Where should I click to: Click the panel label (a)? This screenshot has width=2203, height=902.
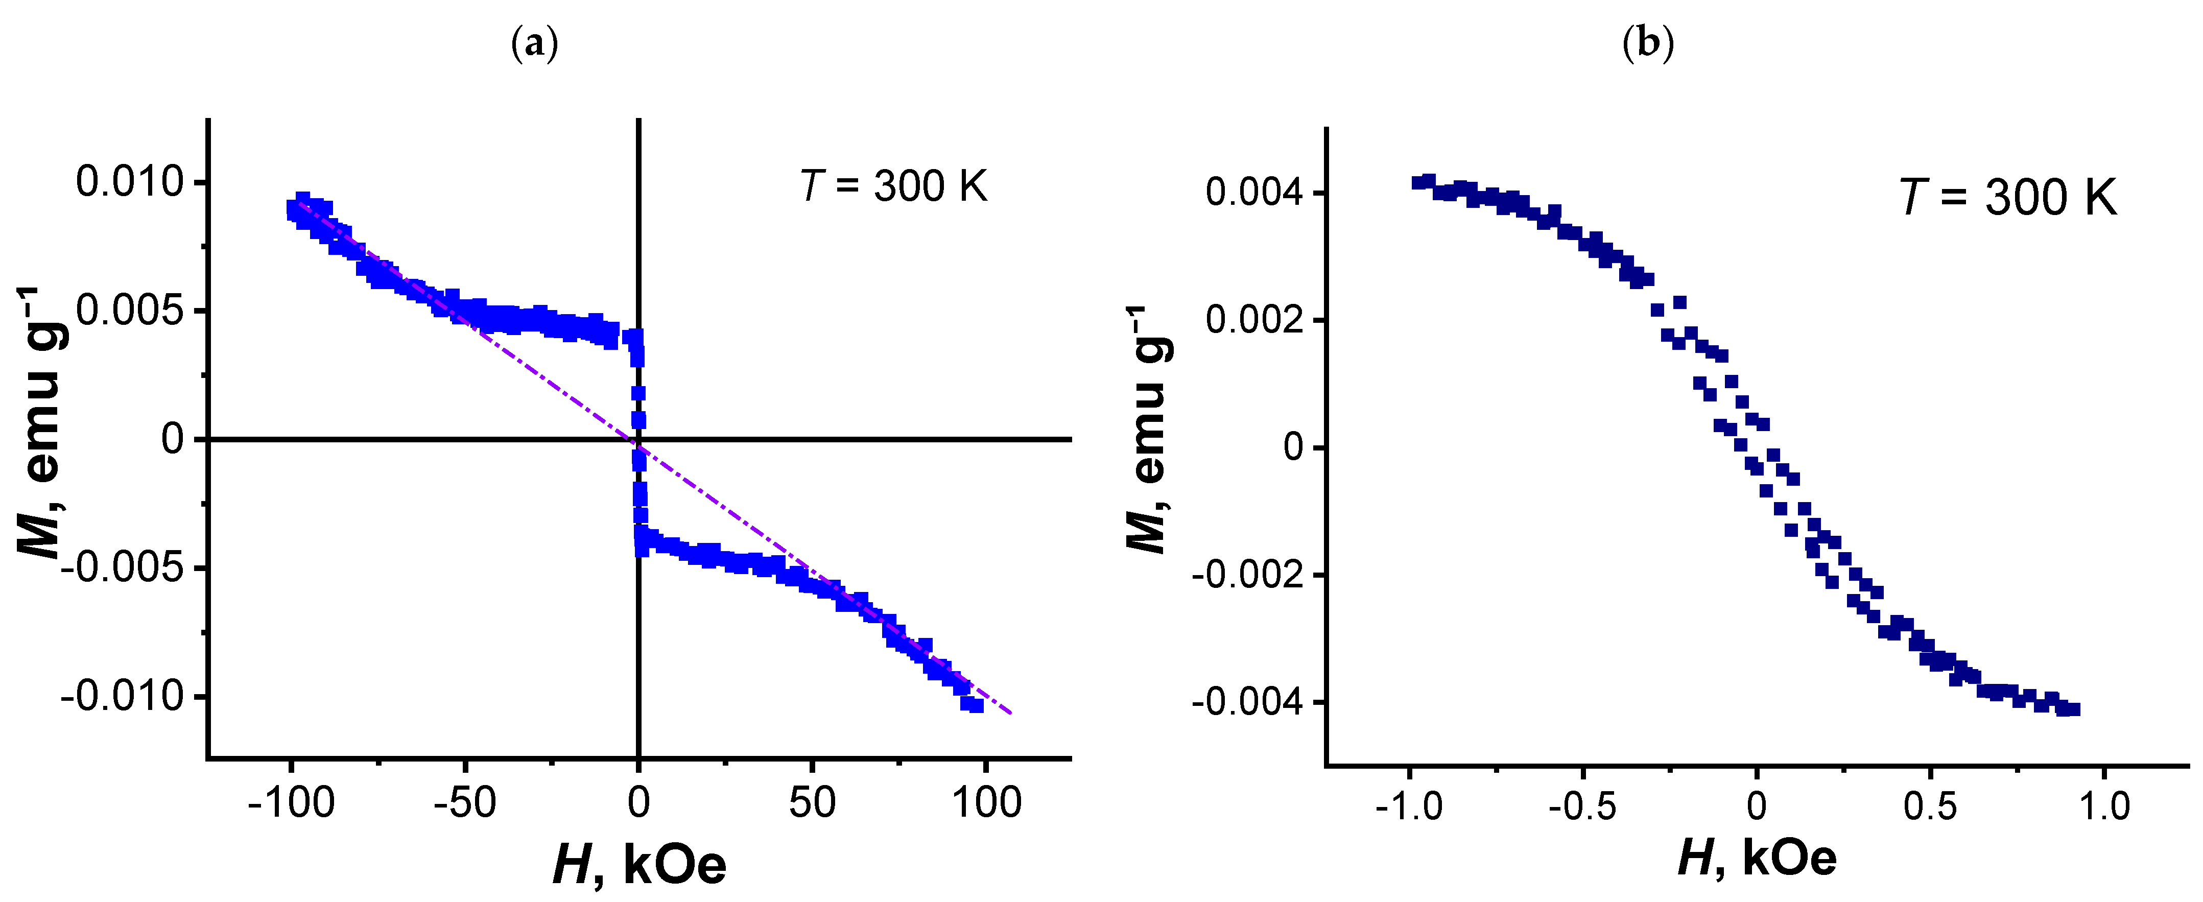click(534, 43)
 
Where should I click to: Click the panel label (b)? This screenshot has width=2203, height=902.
click(1647, 43)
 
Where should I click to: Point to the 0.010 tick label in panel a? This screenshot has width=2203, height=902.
click(130, 182)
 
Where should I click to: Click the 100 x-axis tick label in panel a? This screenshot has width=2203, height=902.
click(987, 803)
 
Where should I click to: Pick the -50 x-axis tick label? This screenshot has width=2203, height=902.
click(464, 803)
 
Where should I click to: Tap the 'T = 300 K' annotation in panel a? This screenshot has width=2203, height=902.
click(894, 186)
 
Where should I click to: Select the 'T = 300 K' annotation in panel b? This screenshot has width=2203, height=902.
click(2007, 198)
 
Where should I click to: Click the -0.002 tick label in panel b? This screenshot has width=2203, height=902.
click(1248, 576)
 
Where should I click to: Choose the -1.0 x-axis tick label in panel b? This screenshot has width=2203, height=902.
click(1409, 806)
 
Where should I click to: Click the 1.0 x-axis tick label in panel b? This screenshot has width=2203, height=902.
click(2104, 806)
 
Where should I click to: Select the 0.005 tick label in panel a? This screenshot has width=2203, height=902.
click(130, 311)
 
